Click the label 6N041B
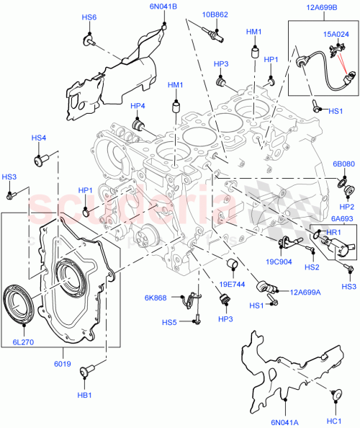[x=163, y=6]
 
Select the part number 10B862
[x=215, y=14]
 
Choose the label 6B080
[x=343, y=164]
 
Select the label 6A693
[x=341, y=219]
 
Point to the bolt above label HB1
[x=84, y=372]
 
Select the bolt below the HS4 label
[x=41, y=157]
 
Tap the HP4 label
[x=138, y=106]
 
